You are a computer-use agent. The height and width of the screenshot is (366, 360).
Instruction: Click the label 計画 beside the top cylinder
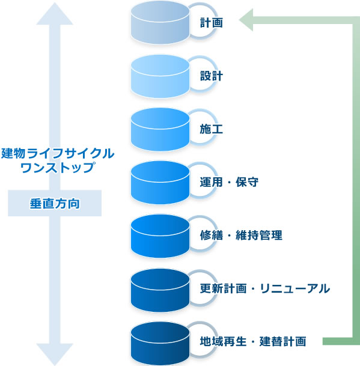coord(212,23)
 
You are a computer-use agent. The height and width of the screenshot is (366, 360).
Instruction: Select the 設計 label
coord(212,76)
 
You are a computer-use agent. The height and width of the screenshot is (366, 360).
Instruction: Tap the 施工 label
coord(212,129)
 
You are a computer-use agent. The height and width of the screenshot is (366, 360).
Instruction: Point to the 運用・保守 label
coord(229,182)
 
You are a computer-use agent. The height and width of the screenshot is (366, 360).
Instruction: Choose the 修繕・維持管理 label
coord(241,235)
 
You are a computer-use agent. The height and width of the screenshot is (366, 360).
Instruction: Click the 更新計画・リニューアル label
coord(265,288)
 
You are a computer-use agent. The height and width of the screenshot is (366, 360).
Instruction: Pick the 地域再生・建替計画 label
coord(253,341)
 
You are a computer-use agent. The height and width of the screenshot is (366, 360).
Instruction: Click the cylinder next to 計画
coord(160,23)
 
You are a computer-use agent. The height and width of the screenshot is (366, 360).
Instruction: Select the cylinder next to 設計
coord(160,76)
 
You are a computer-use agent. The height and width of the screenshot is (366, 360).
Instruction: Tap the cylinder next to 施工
coord(160,129)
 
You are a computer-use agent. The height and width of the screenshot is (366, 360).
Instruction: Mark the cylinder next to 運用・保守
coord(160,182)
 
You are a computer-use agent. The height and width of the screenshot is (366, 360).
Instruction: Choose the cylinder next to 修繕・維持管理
coord(160,236)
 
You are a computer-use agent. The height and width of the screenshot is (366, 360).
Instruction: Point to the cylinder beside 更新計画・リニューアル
coord(160,290)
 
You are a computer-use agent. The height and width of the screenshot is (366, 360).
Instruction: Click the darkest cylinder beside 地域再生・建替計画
coord(160,343)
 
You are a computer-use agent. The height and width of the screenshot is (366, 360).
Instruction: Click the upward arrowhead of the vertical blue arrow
coord(55,14)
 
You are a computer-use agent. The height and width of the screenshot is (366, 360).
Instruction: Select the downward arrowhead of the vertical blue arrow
coord(55,353)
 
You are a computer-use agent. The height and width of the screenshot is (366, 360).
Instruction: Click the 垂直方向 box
coord(55,203)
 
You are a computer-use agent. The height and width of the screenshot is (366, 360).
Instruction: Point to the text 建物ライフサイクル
coord(58,153)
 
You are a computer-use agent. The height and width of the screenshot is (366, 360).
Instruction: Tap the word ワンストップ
coord(58,167)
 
